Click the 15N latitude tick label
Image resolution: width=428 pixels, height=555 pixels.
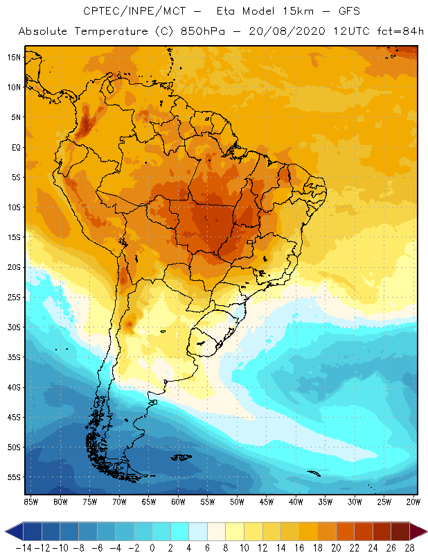14,58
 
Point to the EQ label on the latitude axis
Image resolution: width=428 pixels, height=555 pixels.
15,147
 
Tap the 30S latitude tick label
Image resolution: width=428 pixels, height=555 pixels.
14,327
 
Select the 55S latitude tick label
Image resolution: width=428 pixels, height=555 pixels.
14,477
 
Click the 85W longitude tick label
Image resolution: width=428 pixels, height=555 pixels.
30,502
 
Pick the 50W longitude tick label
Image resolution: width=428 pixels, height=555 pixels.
237,502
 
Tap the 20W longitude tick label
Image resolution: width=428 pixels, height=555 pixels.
413,502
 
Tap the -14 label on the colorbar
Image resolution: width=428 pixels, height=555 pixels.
24,547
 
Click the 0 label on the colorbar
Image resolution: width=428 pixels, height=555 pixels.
152,547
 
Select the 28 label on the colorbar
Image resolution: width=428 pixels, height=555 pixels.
409,547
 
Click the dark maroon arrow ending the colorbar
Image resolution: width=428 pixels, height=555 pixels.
418,531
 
